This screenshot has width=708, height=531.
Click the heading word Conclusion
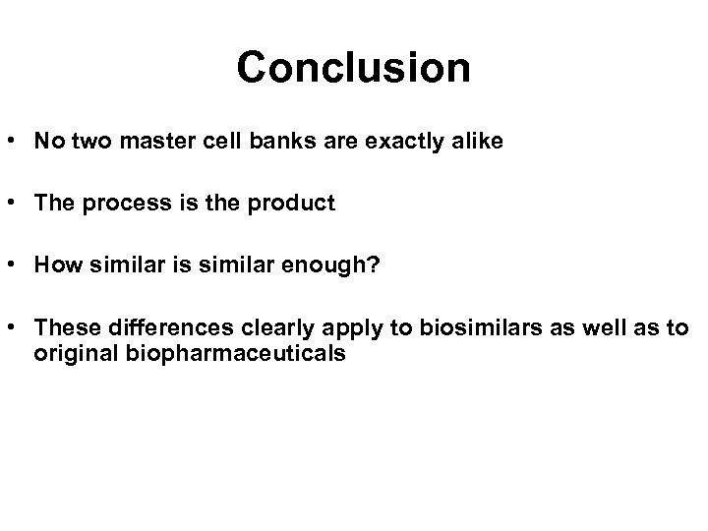(x=353, y=68)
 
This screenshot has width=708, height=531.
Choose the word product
(x=295, y=204)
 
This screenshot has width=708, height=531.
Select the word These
(x=63, y=328)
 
